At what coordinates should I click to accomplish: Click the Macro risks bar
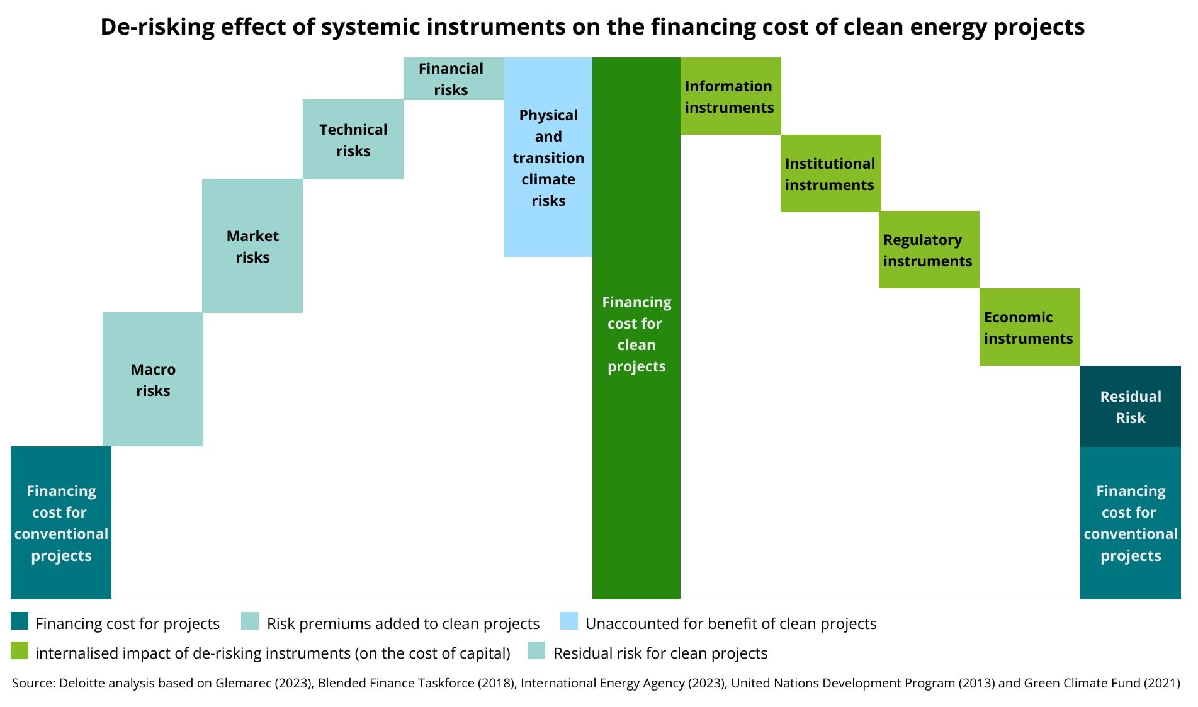point(153,380)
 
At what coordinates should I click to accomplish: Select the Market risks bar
point(252,246)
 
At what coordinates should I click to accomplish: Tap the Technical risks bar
point(353,139)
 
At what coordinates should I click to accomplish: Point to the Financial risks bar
point(454,79)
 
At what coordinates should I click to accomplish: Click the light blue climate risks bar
point(548,157)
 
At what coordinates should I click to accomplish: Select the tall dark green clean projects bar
point(636,328)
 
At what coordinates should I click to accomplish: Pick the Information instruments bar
point(731,96)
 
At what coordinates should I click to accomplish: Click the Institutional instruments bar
point(831,173)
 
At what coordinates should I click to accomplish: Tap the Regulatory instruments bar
point(929,249)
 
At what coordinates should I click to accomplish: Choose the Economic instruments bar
point(1030,327)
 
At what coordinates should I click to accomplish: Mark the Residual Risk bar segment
point(1131,406)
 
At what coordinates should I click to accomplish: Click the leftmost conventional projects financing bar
point(61,523)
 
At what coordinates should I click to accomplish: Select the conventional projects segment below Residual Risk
point(1131,523)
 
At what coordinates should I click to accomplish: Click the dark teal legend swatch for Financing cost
point(20,621)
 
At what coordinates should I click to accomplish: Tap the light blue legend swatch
point(569,621)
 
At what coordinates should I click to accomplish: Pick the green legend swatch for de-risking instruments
point(20,651)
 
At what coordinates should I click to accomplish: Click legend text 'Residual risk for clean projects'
point(660,653)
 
